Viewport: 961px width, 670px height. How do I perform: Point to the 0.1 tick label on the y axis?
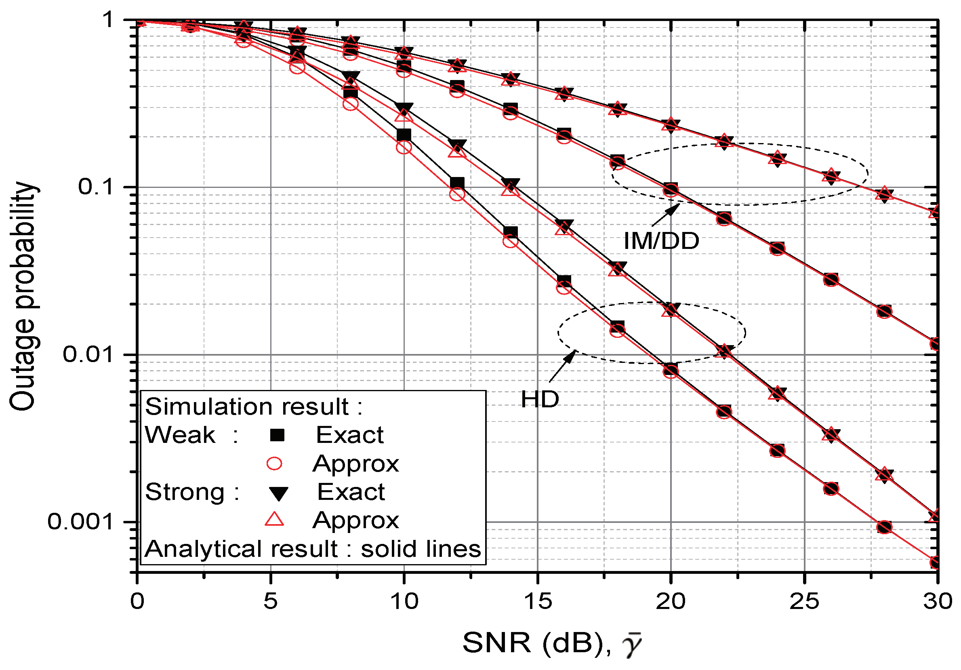pyautogui.click(x=96, y=187)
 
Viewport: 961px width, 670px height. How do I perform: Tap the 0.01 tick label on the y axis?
pyautogui.click(x=88, y=355)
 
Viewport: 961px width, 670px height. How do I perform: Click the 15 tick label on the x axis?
pyautogui.click(x=537, y=602)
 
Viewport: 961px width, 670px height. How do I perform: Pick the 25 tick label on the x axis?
pyautogui.click(x=804, y=602)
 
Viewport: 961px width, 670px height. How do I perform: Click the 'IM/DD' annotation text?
pyautogui.click(x=661, y=241)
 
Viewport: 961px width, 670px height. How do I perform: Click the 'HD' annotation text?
pyautogui.click(x=540, y=399)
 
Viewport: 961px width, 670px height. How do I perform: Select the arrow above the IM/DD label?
pyautogui.click(x=665, y=215)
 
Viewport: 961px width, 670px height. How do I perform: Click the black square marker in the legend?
pyautogui.click(x=277, y=436)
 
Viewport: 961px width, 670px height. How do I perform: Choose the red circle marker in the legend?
pyautogui.click(x=275, y=464)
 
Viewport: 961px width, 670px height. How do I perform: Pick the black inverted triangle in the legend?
pyautogui.click(x=278, y=493)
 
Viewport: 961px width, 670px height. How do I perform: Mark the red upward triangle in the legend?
pyautogui.click(x=275, y=520)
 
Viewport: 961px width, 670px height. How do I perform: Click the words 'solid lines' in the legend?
pyautogui.click(x=421, y=549)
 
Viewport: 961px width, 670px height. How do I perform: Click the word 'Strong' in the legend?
pyautogui.click(x=185, y=492)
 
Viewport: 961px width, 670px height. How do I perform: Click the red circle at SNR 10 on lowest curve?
pyautogui.click(x=404, y=147)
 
